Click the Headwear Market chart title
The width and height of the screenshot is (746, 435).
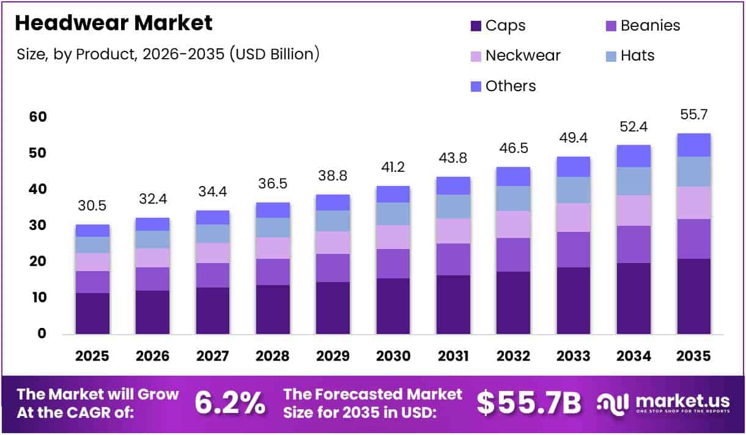pos(114,23)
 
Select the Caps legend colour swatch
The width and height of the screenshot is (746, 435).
pos(476,26)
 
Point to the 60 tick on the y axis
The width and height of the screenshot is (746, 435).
pos(38,117)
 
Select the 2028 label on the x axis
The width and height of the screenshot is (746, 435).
pos(273,356)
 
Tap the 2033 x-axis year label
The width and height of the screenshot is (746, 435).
pos(573,356)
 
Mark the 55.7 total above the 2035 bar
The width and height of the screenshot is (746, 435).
pos(693,115)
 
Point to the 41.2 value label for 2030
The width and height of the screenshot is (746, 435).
pos(393,168)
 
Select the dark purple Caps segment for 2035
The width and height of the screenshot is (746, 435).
pos(693,296)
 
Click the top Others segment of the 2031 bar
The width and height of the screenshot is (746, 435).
pos(453,185)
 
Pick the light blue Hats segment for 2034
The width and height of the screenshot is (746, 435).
pos(633,181)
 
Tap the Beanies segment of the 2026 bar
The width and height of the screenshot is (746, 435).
pos(153,278)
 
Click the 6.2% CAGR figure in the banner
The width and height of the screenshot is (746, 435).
pos(230,403)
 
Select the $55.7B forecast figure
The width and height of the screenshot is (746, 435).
pos(528,403)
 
